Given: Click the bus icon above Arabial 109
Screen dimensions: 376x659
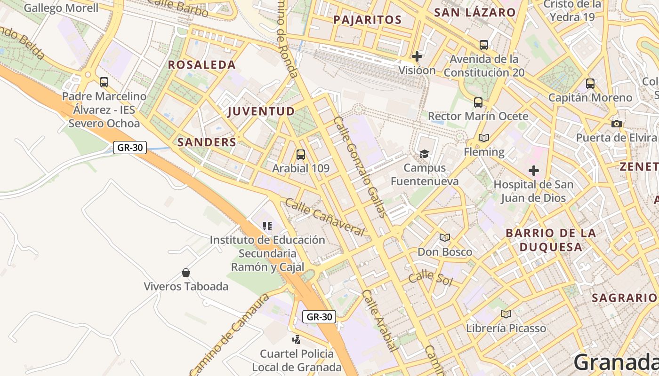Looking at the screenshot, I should coord(300,154).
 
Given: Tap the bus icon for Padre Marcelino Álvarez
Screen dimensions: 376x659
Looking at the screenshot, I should coord(104,82).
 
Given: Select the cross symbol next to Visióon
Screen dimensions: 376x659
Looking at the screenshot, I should coord(417,56).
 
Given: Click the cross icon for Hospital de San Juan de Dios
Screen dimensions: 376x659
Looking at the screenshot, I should coord(533,170).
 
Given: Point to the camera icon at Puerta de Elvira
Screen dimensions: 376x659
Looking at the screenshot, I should coord(616,124).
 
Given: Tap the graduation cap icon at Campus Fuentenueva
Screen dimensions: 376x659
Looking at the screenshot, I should coord(424,154).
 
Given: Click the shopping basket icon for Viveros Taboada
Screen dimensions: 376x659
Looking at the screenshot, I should coord(186,273).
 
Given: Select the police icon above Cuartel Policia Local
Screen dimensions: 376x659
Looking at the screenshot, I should coord(297,339).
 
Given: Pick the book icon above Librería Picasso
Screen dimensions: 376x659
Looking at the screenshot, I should coord(506,314).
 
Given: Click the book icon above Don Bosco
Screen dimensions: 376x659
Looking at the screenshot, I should coord(445,237).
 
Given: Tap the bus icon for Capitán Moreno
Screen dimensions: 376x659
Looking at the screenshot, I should coord(590,84).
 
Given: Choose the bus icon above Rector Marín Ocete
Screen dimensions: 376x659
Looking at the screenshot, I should coord(478,102).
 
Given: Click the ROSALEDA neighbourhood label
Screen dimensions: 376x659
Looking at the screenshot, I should coord(201,65).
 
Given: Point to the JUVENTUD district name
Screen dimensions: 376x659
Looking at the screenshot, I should coord(261,111).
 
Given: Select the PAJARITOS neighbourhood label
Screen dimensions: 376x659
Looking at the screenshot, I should coord(367,20).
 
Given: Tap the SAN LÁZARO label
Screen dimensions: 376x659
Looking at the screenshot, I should coord(474,12).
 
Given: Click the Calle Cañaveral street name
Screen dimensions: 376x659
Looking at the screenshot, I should coord(325,218).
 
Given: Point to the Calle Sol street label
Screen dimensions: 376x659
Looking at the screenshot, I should coord(430,278).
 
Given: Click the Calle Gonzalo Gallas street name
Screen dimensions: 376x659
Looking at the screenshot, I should coord(360,167).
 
